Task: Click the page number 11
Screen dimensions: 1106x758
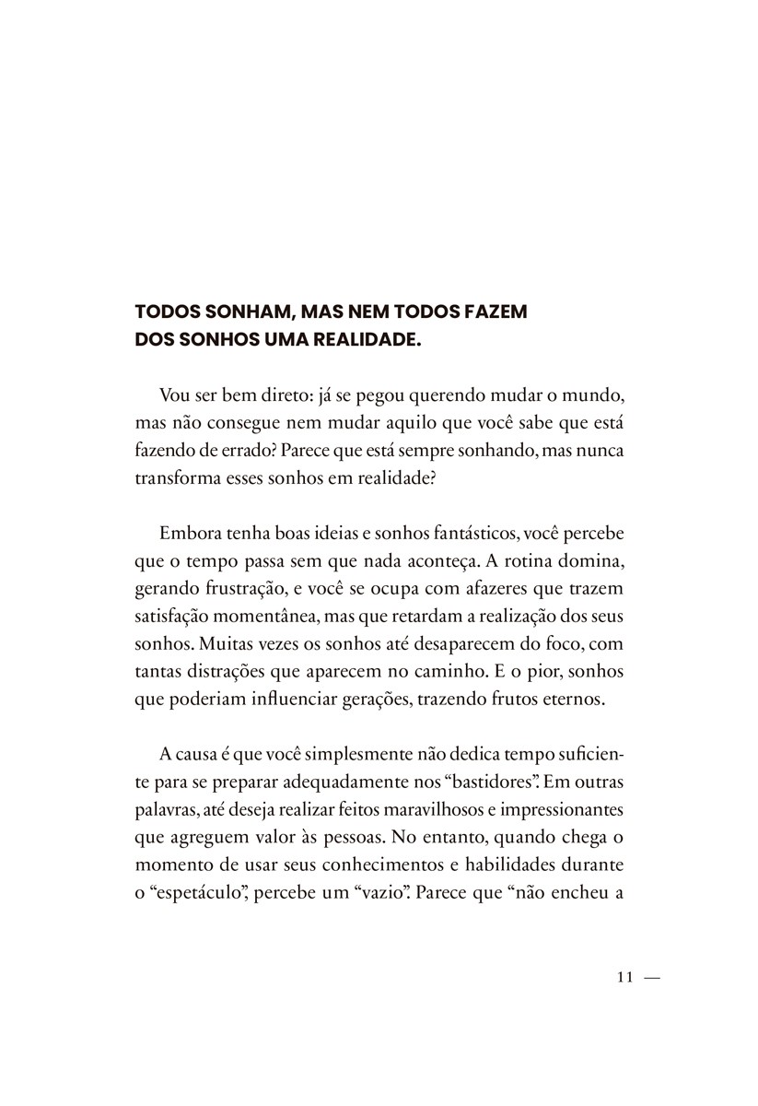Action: [x=624, y=978]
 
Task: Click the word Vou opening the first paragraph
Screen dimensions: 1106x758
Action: [x=175, y=395]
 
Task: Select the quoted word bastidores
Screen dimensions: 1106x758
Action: [x=493, y=782]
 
